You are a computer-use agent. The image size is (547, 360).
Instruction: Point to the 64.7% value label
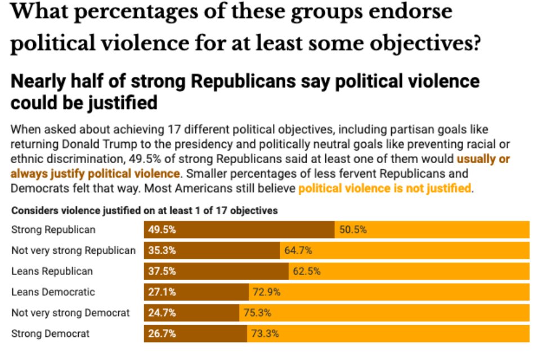click(298, 250)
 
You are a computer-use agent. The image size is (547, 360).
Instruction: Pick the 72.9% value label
click(267, 292)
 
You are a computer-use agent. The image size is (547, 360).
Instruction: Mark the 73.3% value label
click(265, 334)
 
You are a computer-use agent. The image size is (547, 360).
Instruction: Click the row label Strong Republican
click(53, 229)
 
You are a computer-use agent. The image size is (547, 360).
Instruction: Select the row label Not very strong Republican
click(73, 250)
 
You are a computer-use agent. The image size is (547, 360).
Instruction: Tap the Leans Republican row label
click(52, 271)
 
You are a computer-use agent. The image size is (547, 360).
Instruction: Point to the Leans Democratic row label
click(53, 292)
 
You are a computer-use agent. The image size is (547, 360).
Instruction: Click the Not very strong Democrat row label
click(70, 313)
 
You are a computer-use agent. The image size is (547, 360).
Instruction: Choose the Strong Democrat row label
click(51, 334)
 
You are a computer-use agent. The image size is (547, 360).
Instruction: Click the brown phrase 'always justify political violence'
click(96, 174)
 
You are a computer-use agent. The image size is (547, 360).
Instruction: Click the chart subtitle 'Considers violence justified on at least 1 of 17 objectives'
click(144, 211)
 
